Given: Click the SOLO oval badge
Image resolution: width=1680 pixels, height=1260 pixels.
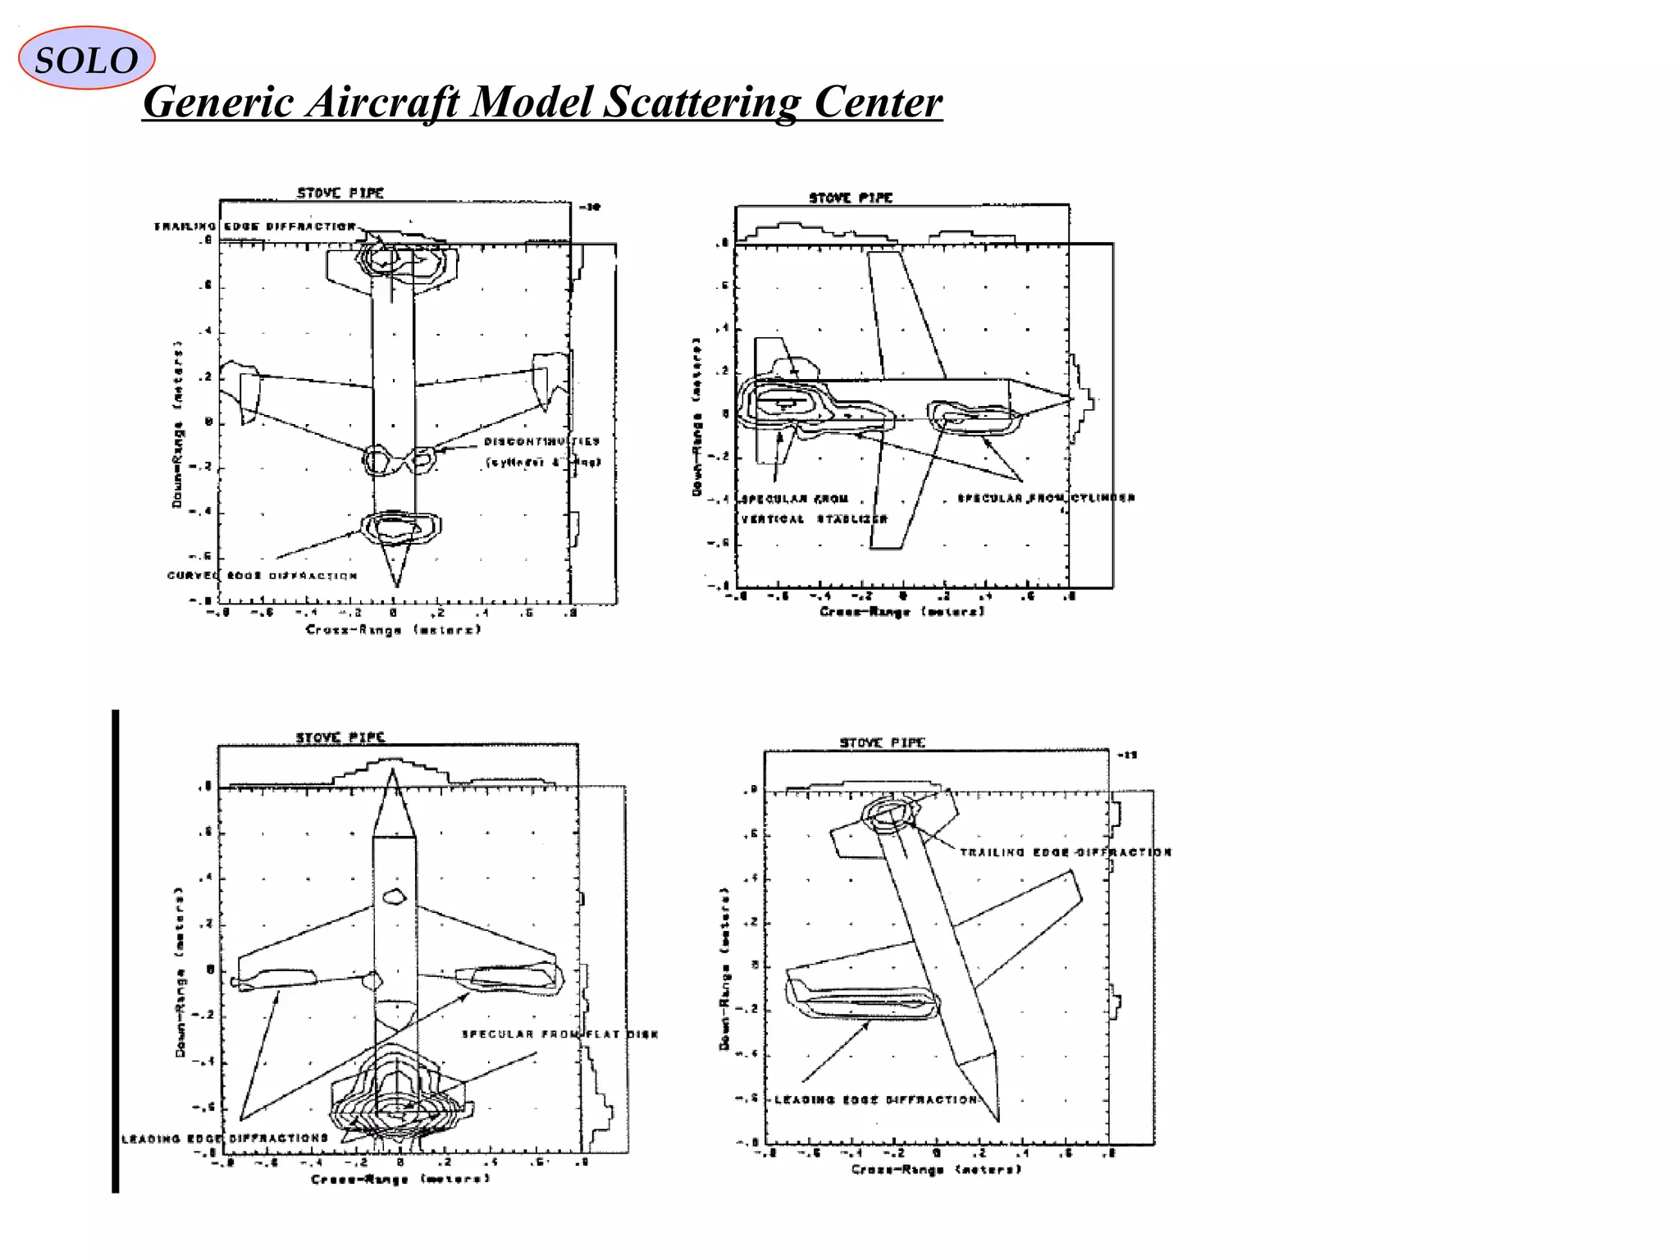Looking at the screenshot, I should (x=86, y=58).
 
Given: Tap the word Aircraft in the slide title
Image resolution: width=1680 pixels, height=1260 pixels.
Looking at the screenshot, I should (x=380, y=103).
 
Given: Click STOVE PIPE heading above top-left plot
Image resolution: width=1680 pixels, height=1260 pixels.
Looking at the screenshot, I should (x=340, y=193).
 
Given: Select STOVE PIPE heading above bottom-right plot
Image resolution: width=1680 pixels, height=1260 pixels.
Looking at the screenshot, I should (x=882, y=742).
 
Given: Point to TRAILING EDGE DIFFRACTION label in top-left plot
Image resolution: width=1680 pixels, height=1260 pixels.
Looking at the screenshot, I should (x=255, y=226).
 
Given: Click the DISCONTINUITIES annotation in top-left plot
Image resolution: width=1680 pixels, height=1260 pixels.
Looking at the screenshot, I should (x=541, y=442).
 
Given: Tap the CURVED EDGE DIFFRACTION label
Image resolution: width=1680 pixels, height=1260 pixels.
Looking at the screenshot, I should (x=262, y=576).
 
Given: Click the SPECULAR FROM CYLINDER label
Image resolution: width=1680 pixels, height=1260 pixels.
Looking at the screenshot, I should (x=1047, y=498).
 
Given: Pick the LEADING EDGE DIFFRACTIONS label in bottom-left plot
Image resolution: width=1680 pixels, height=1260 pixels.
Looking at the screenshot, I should (x=225, y=1139).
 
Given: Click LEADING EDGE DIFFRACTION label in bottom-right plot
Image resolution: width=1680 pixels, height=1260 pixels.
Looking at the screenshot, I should (x=876, y=1100).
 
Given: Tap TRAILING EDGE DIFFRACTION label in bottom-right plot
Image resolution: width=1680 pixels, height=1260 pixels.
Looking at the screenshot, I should (x=1066, y=852).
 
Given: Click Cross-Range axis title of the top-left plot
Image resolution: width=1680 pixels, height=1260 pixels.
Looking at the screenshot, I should (x=393, y=630).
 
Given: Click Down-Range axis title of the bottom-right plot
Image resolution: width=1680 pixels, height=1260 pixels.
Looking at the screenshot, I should (x=724, y=968).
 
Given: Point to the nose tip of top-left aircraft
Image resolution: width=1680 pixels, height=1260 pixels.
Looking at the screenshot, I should (x=397, y=586).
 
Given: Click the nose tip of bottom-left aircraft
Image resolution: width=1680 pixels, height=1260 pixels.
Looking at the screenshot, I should (x=394, y=769).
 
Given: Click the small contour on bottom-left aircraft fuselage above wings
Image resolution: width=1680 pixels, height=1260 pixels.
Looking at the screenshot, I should (x=395, y=897).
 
